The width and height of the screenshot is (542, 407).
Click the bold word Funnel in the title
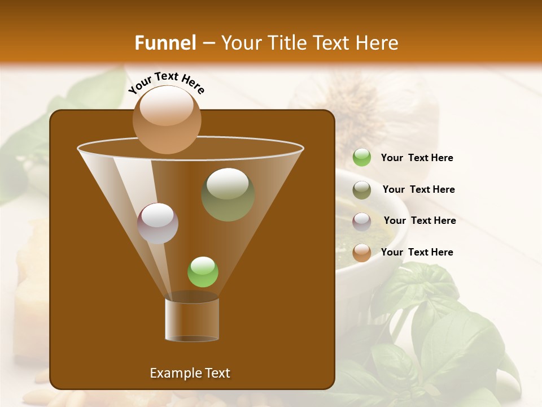pyautogui.click(x=165, y=42)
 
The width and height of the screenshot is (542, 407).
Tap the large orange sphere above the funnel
pyautogui.click(x=167, y=119)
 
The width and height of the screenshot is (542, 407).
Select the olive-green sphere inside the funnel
pyautogui.click(x=228, y=194)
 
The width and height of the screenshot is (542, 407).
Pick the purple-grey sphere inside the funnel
pyautogui.click(x=158, y=223)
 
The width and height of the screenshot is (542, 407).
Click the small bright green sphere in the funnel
pyautogui.click(x=203, y=272)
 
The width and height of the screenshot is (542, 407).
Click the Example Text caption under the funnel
pyautogui.click(x=190, y=373)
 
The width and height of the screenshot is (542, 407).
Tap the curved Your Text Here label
pyautogui.click(x=167, y=82)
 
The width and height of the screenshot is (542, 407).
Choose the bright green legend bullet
pyautogui.click(x=362, y=158)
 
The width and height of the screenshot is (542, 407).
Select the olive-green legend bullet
pyautogui.click(x=362, y=190)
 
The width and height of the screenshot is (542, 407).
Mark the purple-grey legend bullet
pyautogui.click(x=362, y=221)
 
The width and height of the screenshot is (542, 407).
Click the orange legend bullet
pyautogui.click(x=362, y=253)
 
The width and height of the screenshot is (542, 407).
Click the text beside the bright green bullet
pyautogui.click(x=417, y=158)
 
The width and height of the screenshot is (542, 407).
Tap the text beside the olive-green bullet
pyautogui.click(x=418, y=189)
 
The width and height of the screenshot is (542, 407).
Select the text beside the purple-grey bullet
pyautogui.click(x=419, y=220)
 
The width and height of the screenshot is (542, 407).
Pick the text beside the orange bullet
pyautogui.click(x=417, y=252)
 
